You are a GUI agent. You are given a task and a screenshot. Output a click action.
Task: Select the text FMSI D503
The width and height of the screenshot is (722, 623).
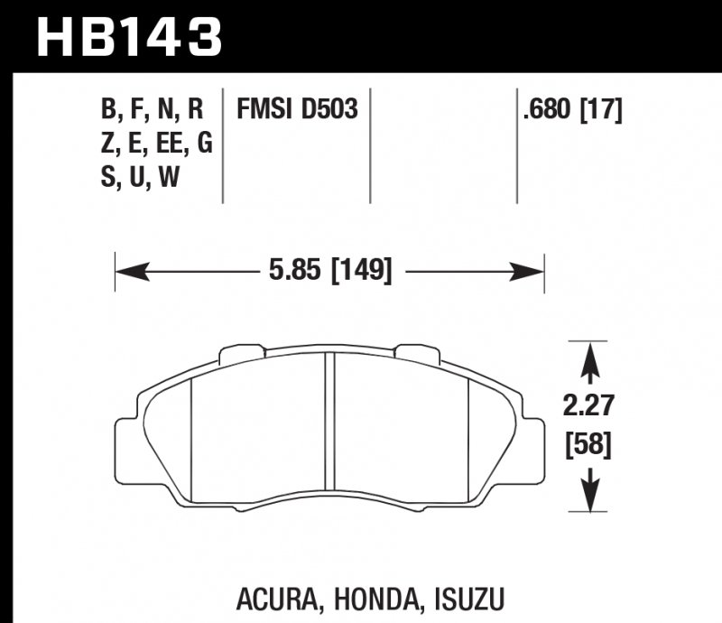pyautogui.click(x=297, y=110)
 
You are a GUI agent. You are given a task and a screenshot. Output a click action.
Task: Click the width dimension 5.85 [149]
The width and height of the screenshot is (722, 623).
pyautogui.click(x=329, y=268)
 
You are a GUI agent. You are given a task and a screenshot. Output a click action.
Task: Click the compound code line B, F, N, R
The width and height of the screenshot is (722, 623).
pyautogui.click(x=152, y=110)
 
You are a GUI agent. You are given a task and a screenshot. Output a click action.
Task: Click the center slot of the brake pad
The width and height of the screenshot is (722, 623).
pyautogui.click(x=329, y=424)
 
